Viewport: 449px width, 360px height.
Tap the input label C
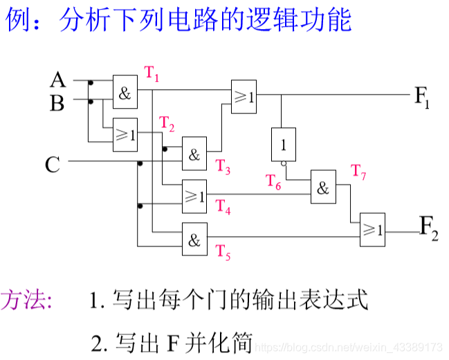pos(53,164)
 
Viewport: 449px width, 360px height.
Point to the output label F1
pos(422,96)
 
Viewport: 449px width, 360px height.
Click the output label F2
pos(429,228)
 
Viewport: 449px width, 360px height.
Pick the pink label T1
pos(152,73)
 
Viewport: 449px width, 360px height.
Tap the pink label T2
pos(167,125)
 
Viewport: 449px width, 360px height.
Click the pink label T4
pos(223,206)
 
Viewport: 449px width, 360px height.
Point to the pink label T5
pos(223,252)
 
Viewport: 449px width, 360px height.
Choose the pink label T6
pos(274,182)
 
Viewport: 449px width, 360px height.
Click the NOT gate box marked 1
pos(283,144)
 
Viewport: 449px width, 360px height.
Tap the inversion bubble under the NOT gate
pos(283,163)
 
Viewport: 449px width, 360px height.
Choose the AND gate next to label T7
pos(323,186)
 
